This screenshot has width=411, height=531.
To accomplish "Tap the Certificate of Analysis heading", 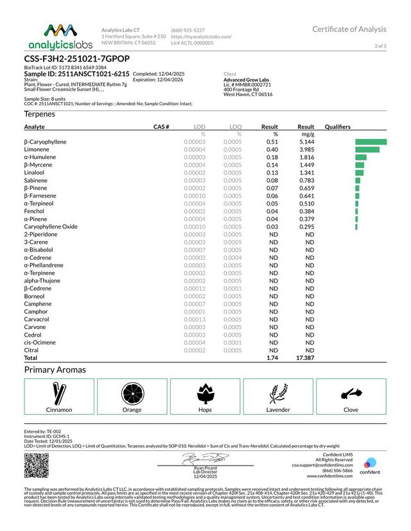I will pos(349,29).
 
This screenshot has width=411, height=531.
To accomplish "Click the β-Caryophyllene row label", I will pos(46,141).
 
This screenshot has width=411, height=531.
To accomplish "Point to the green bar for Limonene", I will pos(367,149).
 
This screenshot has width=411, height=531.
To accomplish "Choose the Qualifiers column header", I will pos(338,127).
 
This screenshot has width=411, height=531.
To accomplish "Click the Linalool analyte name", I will pos(35,173).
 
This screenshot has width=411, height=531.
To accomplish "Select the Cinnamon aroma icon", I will pos(59,392).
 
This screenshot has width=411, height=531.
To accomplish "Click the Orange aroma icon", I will pos(132,392).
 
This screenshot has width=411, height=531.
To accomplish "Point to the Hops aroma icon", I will pos(205,392).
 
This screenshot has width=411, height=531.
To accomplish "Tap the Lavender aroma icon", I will pos(278,392).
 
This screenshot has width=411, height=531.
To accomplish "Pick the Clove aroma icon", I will pos(351,392).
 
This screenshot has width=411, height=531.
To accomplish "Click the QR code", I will pos(37,465).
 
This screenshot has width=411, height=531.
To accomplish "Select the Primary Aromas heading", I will pos(55,370).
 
